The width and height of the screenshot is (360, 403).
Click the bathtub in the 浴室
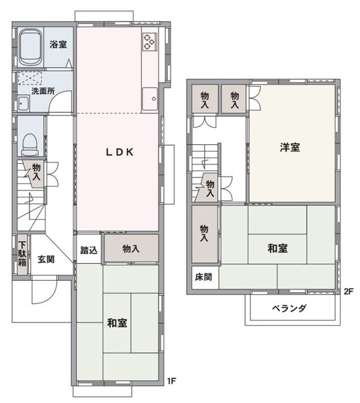(x=31, y=48)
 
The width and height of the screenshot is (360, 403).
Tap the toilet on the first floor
(x=30, y=144)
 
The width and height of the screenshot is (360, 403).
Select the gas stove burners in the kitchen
(x=149, y=42)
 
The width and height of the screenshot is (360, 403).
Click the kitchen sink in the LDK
(x=150, y=99)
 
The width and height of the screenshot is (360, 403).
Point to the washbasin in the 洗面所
(x=24, y=103)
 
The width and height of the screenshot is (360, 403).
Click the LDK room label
(x=120, y=152)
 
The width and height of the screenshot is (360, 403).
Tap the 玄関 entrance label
(x=46, y=259)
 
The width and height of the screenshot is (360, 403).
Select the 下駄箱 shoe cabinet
(x=22, y=254)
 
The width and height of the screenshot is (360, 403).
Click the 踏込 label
(x=89, y=250)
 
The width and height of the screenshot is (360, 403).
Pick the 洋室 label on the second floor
(x=290, y=147)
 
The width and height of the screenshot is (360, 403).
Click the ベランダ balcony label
(x=289, y=308)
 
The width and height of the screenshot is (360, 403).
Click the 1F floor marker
(x=171, y=381)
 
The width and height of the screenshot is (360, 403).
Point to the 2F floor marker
(x=349, y=292)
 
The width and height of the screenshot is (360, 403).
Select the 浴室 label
(x=58, y=44)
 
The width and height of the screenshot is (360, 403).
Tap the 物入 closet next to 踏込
(x=131, y=249)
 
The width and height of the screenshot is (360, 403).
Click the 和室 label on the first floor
(x=117, y=323)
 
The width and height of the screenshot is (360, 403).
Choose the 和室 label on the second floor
(x=277, y=249)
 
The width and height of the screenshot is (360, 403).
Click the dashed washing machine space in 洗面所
(x=30, y=78)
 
